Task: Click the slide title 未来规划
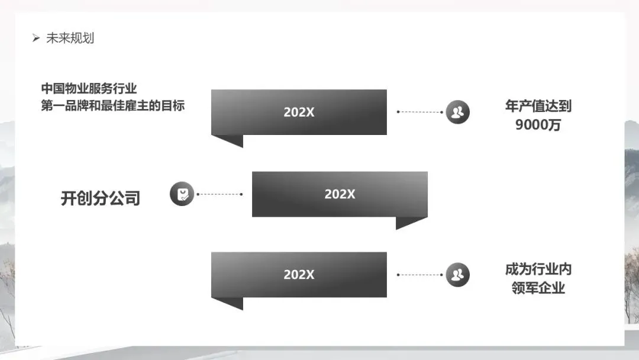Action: [x=70, y=38]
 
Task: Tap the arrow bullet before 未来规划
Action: [x=35, y=39]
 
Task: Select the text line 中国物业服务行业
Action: [x=89, y=89]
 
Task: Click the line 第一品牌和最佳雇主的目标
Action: [x=112, y=106]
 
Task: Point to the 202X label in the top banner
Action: [x=299, y=112]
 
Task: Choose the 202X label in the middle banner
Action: [x=340, y=194]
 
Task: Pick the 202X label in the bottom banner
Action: [x=299, y=275]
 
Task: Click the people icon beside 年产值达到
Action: [x=457, y=111]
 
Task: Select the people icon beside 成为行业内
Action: [x=457, y=275]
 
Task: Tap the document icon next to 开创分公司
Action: [x=182, y=194]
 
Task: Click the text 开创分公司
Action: [x=100, y=198]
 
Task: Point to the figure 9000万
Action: [x=538, y=126]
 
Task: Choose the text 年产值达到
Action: [x=538, y=107]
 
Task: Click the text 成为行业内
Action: [x=538, y=270]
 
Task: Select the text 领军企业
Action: [x=538, y=288]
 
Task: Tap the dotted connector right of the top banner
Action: [x=420, y=111]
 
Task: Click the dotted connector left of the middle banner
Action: [x=220, y=194]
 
